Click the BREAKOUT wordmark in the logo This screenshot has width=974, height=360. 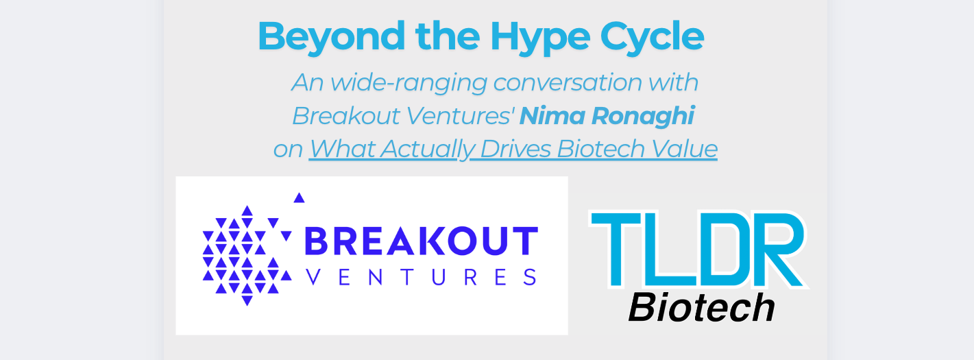click(x=419, y=241)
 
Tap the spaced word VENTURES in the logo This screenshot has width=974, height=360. click(x=419, y=277)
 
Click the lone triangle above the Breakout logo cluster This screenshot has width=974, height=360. click(x=299, y=198)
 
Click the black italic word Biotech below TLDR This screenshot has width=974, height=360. click(x=701, y=308)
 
